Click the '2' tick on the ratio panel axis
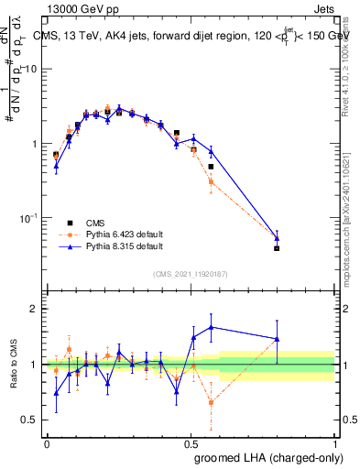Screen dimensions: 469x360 tap(36, 309)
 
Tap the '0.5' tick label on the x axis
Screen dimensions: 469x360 tap(191, 443)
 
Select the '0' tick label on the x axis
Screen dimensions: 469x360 tap(47, 443)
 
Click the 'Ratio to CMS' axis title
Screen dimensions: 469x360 tap(13, 365)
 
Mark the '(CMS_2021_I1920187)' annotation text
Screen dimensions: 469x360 tap(191, 274)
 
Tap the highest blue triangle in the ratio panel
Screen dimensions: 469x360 tap(212, 327)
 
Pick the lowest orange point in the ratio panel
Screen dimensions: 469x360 tap(212, 402)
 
